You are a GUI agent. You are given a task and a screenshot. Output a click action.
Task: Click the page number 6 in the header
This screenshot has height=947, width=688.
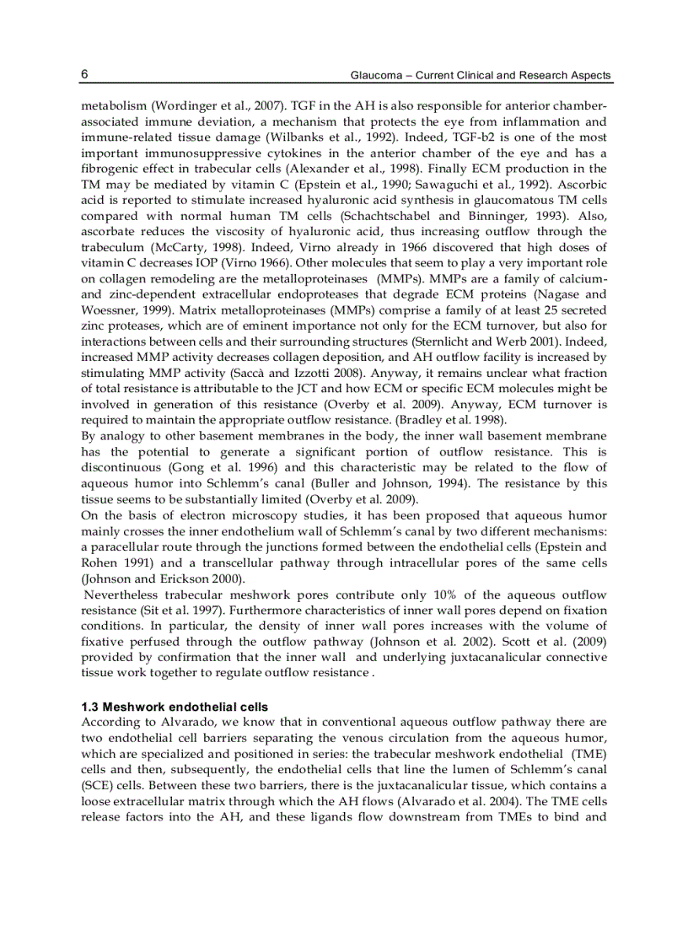[x=84, y=75]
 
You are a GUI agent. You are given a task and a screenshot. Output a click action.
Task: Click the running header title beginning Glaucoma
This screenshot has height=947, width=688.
[x=481, y=76]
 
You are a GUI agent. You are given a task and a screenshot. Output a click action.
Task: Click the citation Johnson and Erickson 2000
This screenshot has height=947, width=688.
[x=163, y=578]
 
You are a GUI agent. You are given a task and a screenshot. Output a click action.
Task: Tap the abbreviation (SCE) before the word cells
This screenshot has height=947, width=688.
[x=96, y=784]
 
